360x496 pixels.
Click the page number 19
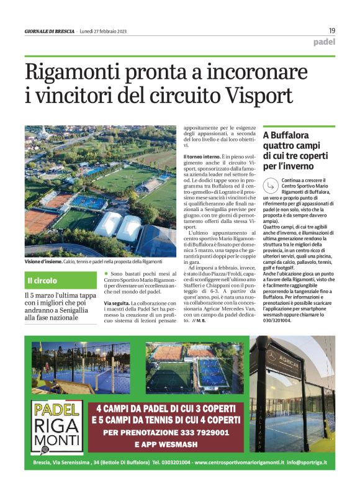pyautogui.click(x=332, y=30)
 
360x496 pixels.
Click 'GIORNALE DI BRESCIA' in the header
pyautogui.click(x=50, y=31)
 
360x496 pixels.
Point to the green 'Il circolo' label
pyautogui.click(x=42, y=281)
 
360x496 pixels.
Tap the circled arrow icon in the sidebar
pyautogui.click(x=270, y=184)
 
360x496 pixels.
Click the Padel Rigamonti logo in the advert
pyautogui.click(x=57, y=425)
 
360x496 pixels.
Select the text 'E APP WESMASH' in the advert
pyautogui.click(x=168, y=444)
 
